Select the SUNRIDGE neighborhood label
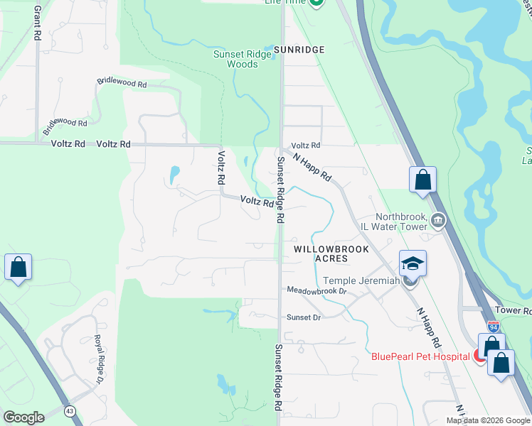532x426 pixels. click(300, 50)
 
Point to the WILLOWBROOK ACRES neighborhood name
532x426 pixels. click(321, 253)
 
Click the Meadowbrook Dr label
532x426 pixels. click(316, 290)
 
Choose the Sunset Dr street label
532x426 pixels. click(304, 317)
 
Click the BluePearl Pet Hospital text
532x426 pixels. click(420, 356)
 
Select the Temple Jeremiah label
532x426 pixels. click(361, 281)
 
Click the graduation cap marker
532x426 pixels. click(413, 265)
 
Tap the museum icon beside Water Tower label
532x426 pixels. click(439, 221)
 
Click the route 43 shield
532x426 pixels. click(70, 410)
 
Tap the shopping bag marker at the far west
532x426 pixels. click(18, 268)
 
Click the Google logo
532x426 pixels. click(23, 417)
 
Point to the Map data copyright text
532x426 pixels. click(488, 420)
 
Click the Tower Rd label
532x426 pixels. click(513, 311)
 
